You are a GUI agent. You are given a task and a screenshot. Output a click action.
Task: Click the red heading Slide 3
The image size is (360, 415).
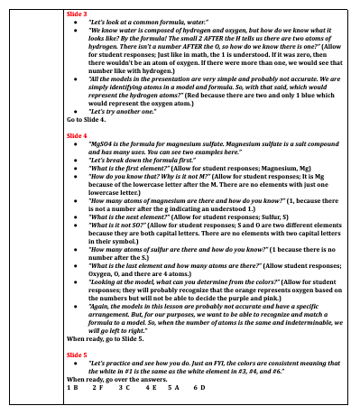(78, 15)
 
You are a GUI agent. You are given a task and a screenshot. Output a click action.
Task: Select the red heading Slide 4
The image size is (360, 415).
(78, 134)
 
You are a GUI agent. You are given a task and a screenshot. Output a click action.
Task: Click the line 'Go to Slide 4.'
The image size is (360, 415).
(88, 120)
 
